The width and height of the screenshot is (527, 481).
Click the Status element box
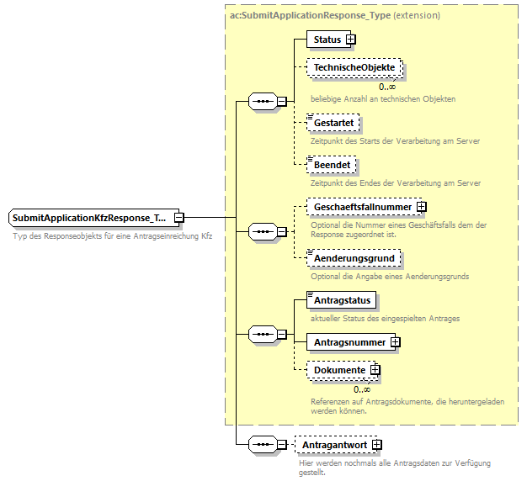point(326,40)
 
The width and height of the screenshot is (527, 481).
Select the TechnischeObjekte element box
point(354,67)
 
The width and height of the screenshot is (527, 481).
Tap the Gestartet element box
point(333,124)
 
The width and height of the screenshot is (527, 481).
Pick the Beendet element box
point(331,166)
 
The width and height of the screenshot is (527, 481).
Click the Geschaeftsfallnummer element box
point(363,207)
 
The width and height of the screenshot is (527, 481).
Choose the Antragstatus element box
point(341,299)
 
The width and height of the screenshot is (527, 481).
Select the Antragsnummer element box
point(349,342)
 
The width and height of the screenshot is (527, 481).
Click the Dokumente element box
point(339,370)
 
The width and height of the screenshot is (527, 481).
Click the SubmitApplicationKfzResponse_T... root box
point(89,219)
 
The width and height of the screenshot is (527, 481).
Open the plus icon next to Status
point(351,40)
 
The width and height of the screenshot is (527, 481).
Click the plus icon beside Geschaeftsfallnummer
point(422,207)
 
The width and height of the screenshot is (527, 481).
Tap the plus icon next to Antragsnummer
point(396,342)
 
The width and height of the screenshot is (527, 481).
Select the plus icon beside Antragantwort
point(377,445)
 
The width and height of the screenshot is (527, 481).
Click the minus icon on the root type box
point(179,219)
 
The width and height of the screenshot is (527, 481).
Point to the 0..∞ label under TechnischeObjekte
point(386,87)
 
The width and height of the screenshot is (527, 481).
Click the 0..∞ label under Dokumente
point(362,389)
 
